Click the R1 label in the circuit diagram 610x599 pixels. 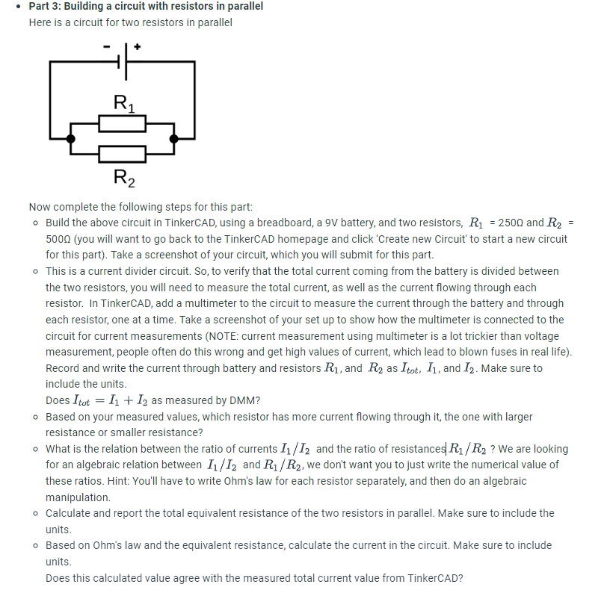point(123,102)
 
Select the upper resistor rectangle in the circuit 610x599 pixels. point(122,123)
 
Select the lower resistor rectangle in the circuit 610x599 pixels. point(122,154)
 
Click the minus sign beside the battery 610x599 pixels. point(107,47)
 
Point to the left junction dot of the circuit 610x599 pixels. point(70,138)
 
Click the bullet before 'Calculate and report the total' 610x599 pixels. point(36,513)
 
